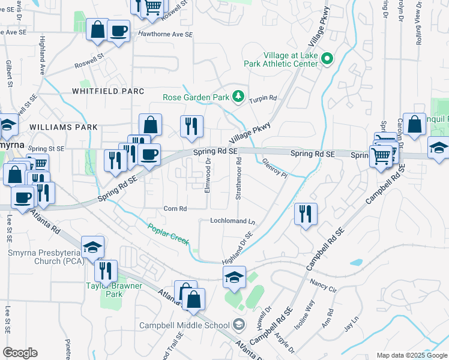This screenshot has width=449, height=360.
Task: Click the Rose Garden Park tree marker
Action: (x=238, y=96)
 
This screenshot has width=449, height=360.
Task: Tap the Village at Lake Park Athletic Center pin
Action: (x=327, y=59)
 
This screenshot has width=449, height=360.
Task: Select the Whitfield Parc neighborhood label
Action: (x=108, y=91)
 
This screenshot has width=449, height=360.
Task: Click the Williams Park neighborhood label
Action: (x=63, y=127)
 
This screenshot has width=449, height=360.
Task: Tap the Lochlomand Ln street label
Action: (x=232, y=221)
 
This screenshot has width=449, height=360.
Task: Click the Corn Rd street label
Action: (x=175, y=209)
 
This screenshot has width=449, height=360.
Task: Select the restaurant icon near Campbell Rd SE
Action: (x=306, y=215)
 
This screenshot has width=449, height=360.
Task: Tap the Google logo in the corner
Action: (x=20, y=353)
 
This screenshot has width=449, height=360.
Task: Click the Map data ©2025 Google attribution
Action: (x=412, y=355)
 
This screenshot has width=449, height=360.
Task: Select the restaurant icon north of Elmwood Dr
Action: (x=192, y=126)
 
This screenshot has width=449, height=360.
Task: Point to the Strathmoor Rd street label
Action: (x=239, y=179)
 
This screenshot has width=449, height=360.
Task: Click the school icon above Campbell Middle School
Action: (x=234, y=277)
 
